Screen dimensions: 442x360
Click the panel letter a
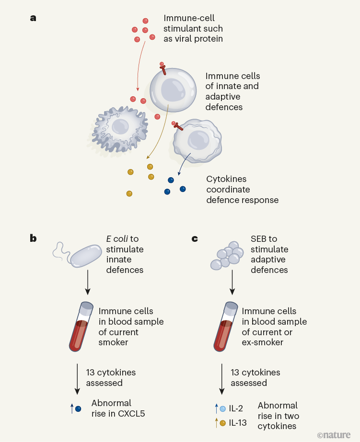[x=33, y=18]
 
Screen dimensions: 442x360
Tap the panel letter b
[x=33, y=238]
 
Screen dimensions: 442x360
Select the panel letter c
[x=195, y=238]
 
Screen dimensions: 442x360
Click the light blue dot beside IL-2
[x=223, y=408]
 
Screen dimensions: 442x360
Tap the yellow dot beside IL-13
[x=223, y=423]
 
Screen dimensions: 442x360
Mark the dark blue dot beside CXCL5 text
[x=79, y=408]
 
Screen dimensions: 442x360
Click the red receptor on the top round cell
[x=163, y=69]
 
